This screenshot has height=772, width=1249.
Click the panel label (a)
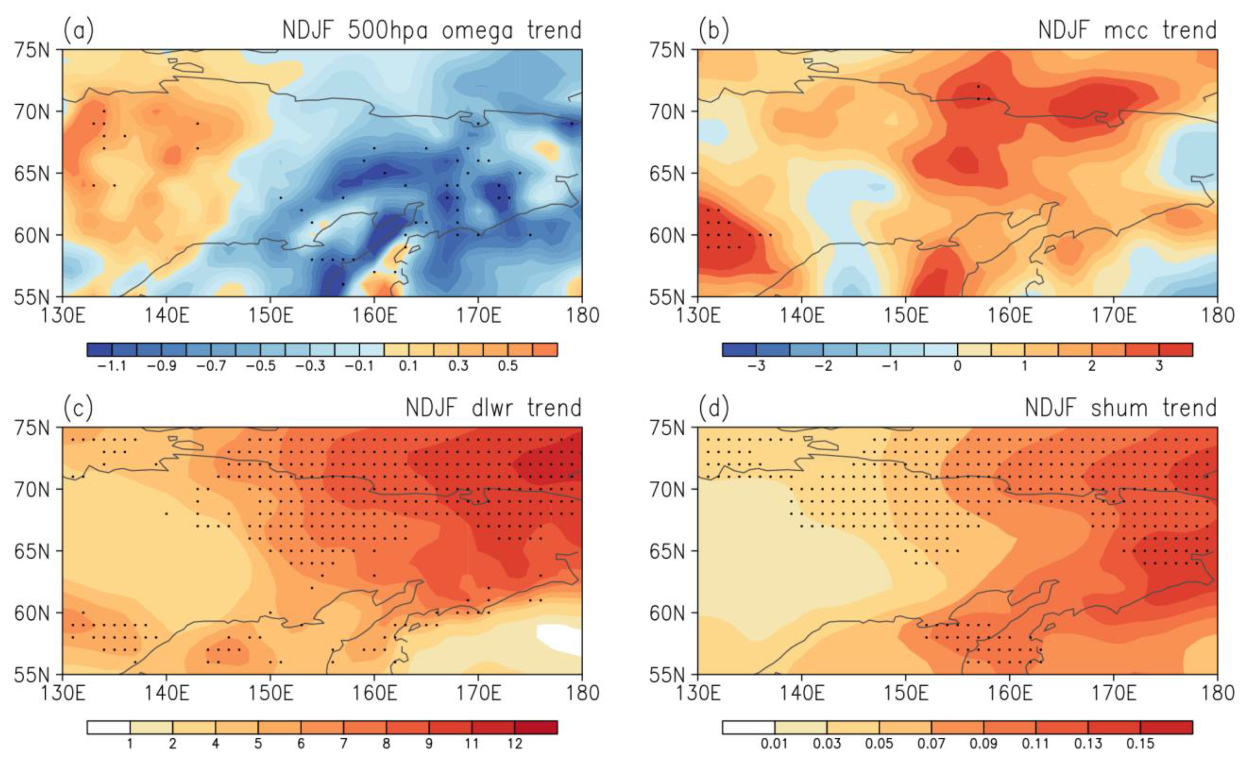78,31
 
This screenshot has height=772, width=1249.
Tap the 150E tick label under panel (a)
271,315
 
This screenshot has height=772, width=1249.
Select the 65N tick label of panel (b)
667,173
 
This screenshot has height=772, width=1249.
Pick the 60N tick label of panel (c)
32,613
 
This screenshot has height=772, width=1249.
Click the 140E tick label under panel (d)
802,693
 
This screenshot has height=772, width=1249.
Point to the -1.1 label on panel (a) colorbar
111,365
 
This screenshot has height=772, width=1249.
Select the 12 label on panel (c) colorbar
514,743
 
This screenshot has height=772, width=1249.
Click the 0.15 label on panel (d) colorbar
1140,743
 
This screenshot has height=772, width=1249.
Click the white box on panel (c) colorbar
108,727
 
